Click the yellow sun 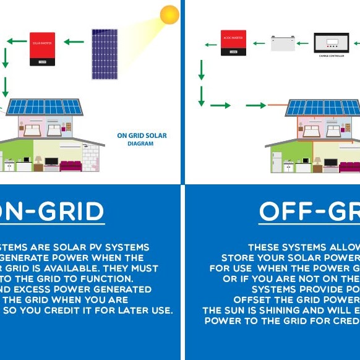click(x=169, y=15)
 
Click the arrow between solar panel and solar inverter click(x=74, y=42)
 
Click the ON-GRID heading click(x=53, y=212)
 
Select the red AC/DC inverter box click(x=233, y=43)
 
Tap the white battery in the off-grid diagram click(x=282, y=43)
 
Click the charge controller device click(x=331, y=43)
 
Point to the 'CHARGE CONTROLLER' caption click(x=331, y=56)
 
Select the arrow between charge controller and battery click(x=302, y=44)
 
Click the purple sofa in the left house click(x=71, y=166)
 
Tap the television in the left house click(x=51, y=162)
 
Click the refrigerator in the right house click(x=276, y=161)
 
